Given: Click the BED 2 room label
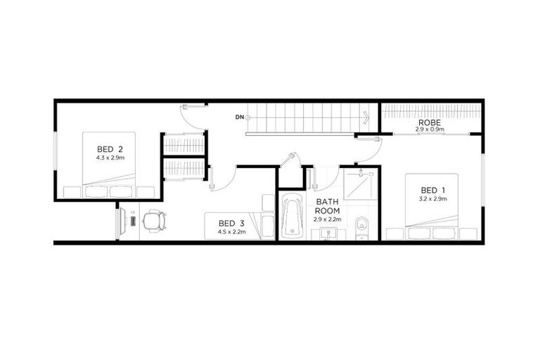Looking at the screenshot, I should (x=110, y=149).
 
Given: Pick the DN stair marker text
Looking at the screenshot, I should (x=239, y=117).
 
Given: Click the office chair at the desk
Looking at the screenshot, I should (x=154, y=221).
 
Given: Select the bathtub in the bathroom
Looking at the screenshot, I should (x=290, y=218).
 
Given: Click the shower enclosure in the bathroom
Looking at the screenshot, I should (x=361, y=185).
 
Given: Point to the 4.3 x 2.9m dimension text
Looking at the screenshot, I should (x=110, y=158).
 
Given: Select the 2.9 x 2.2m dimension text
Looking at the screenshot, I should (x=327, y=219).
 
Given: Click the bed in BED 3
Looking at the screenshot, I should (x=239, y=225).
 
